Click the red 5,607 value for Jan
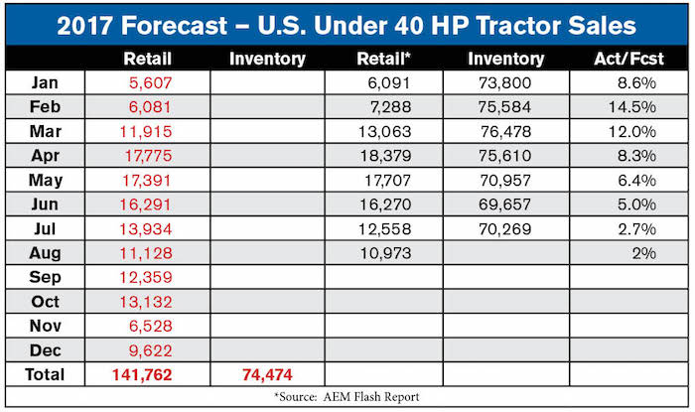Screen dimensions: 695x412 [x=150, y=82]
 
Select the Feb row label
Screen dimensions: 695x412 [x=45, y=107]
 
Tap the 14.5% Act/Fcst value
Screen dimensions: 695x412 [x=632, y=107]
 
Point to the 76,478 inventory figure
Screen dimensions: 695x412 [x=505, y=132]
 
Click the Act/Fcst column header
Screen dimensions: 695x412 [x=628, y=59]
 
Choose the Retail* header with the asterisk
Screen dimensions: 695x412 [x=384, y=59]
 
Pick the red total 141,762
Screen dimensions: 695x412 [x=142, y=375]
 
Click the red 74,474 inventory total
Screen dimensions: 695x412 [x=267, y=375]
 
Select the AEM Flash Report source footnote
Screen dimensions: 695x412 [x=347, y=396]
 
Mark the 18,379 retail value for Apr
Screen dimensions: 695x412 [x=385, y=156]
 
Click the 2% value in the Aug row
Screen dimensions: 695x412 [x=644, y=253]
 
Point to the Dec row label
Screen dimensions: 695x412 [x=46, y=350]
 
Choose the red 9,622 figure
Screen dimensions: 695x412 [x=150, y=350]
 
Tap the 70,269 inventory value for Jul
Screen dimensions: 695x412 [x=504, y=229]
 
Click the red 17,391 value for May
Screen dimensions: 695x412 [x=147, y=181]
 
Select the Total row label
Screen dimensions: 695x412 [x=45, y=375]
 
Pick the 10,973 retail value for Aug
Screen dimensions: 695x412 [x=385, y=253]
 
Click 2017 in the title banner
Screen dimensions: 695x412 [x=84, y=25]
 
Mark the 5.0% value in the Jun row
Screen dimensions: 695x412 [x=637, y=205]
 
